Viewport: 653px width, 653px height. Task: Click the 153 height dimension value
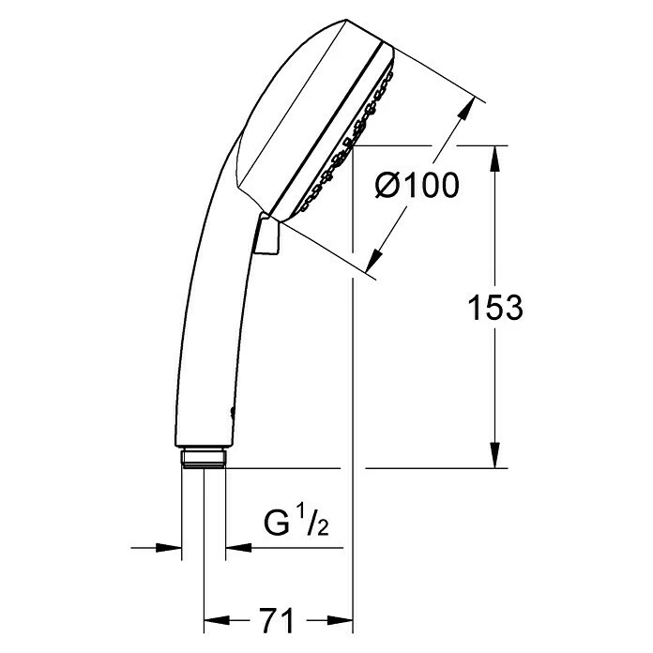[x=494, y=308]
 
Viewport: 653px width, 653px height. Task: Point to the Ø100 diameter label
[x=416, y=186]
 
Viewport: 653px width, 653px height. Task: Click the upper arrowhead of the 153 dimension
[x=495, y=154]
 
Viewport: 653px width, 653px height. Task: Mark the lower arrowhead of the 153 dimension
[x=495, y=459]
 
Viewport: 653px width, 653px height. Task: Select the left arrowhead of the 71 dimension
[x=213, y=621]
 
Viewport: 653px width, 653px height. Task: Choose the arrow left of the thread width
[x=173, y=548]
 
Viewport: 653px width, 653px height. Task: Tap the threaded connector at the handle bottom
[x=204, y=456]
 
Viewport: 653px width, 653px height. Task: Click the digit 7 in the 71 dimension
[x=270, y=621]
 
